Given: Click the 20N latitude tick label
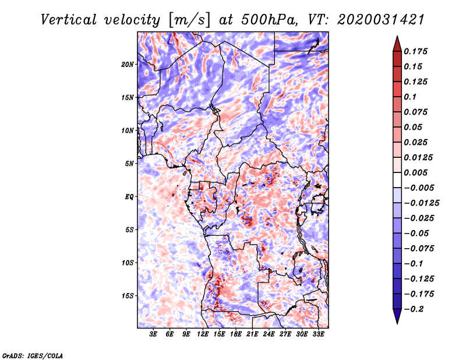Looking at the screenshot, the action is click(x=128, y=65).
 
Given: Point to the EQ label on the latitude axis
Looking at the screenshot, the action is click(x=129, y=197).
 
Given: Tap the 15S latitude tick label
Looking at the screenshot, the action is click(x=128, y=296).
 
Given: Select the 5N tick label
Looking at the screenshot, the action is click(x=129, y=164).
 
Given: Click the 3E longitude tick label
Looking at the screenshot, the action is click(x=153, y=334).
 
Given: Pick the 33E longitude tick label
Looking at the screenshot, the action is click(x=318, y=334).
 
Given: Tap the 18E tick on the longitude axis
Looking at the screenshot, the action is click(x=236, y=334).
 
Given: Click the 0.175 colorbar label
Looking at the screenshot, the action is click(x=415, y=51).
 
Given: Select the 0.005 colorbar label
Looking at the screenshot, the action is click(x=415, y=172).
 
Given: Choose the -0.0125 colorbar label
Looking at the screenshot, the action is click(x=421, y=203).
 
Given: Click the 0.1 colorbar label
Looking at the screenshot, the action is click(x=410, y=97).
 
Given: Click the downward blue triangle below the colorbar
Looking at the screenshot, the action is click(x=397, y=316).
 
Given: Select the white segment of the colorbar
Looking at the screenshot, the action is click(x=397, y=180).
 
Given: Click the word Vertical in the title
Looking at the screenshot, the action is click(x=69, y=20).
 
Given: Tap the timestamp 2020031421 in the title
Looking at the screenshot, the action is click(x=381, y=20).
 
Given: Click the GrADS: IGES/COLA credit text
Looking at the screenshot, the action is click(x=33, y=355).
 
